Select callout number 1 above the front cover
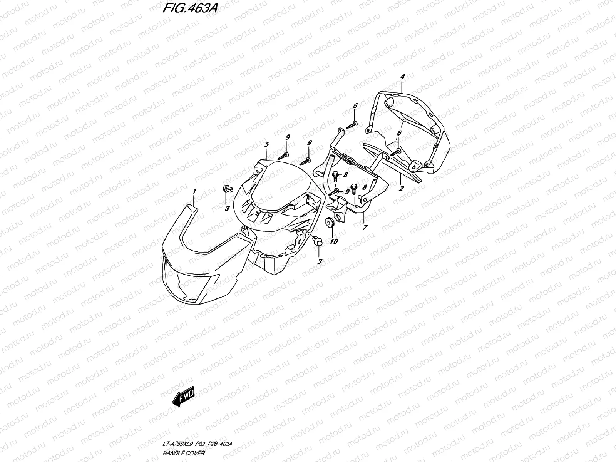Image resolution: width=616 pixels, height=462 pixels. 195,191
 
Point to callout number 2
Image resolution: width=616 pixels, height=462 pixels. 402,188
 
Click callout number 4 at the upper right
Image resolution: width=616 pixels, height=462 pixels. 402,77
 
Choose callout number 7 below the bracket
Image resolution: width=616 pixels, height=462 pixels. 365,228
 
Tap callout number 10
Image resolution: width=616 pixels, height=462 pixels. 334,241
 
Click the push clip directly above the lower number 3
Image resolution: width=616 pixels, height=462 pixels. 318,241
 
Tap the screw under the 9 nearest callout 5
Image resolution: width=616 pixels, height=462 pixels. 285,155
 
